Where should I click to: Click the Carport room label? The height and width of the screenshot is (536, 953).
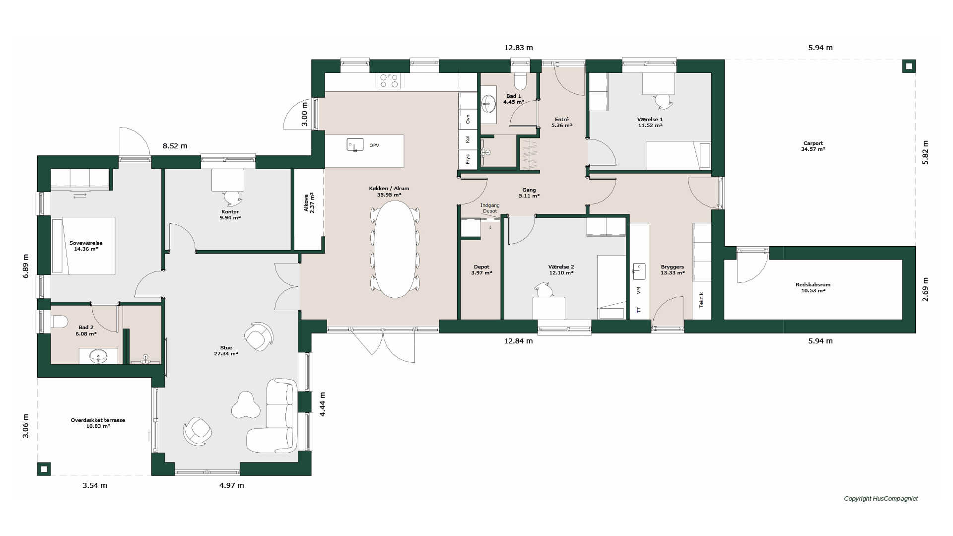coord(813,146)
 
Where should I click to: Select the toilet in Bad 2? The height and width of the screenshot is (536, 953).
coord(59,322)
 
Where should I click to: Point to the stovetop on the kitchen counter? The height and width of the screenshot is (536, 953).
coord(389,81)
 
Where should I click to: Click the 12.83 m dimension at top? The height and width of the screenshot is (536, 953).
coord(518,48)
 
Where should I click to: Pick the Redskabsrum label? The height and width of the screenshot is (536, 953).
coord(813,287)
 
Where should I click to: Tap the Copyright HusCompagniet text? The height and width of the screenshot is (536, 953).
coord(881,498)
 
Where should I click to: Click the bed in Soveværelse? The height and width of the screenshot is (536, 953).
coord(83,246)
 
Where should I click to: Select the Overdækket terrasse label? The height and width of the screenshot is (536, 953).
coord(98,423)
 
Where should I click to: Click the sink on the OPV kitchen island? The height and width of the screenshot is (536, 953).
coord(354,144)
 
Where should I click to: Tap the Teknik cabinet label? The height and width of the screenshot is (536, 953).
coord(701,300)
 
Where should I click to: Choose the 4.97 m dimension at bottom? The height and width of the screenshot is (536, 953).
coord(232,485)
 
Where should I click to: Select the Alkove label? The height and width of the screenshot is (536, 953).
coord(309,202)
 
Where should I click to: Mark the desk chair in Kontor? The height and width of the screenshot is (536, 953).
coord(233,198)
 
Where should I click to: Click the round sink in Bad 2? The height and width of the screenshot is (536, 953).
coord(98,355)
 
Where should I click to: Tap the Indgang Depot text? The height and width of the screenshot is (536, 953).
coord(490,208)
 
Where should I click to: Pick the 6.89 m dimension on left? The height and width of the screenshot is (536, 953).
coord(26,266)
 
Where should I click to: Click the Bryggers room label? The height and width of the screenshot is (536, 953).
coord(673,269)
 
